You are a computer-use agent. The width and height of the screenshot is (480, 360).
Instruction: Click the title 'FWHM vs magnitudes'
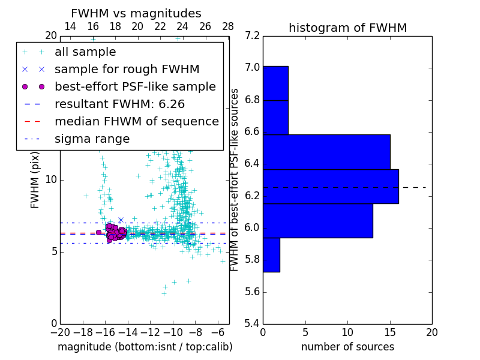coord(136,14)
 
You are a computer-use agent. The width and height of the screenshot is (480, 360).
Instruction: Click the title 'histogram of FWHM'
coord(347,28)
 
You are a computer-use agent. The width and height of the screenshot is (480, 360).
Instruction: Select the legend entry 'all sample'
coord(85,52)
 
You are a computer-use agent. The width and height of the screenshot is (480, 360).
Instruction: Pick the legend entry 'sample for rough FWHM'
coord(127,70)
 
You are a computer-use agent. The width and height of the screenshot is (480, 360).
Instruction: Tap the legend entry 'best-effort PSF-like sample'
coord(135,86)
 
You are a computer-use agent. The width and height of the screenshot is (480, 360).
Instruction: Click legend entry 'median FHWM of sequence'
coord(136,121)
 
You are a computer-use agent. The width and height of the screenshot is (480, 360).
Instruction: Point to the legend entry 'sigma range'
coord(92,139)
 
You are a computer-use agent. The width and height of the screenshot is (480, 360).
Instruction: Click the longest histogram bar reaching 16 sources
coord(331,187)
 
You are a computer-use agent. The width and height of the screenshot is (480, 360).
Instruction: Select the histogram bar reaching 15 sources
coord(326,152)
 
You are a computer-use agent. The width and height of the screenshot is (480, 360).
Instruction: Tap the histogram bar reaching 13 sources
coord(318,221)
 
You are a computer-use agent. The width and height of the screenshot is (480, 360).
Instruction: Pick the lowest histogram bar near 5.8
coord(271,255)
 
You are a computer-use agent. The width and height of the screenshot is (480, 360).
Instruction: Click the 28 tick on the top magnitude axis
coord(228,27)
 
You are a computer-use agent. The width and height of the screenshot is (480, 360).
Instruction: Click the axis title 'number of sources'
coord(347,347)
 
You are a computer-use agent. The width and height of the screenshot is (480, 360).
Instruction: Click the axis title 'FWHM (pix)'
coord(35,179)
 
